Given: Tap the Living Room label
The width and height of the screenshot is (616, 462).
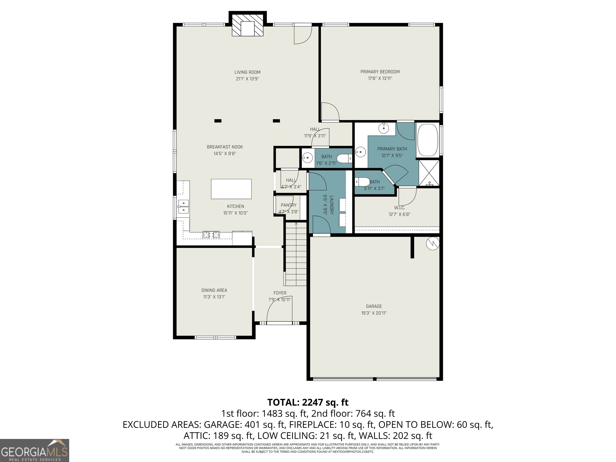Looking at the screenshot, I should (247, 72).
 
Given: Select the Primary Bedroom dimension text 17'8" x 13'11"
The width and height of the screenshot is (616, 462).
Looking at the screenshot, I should (380, 79).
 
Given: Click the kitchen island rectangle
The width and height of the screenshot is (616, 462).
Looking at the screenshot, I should (231, 189).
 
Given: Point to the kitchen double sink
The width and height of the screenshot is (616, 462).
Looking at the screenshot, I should (183, 207).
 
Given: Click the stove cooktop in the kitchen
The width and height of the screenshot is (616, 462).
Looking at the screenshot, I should (211, 235).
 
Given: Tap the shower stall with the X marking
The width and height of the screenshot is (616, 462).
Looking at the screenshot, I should (429, 172).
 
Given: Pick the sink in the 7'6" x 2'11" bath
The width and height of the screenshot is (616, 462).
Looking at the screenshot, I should (307, 158).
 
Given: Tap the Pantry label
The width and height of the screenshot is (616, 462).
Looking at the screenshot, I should (289, 205).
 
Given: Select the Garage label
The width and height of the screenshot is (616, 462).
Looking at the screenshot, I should (374, 306).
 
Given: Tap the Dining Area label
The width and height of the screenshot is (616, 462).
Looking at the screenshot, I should (214, 290).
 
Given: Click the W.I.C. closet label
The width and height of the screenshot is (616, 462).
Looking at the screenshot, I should (399, 208).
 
